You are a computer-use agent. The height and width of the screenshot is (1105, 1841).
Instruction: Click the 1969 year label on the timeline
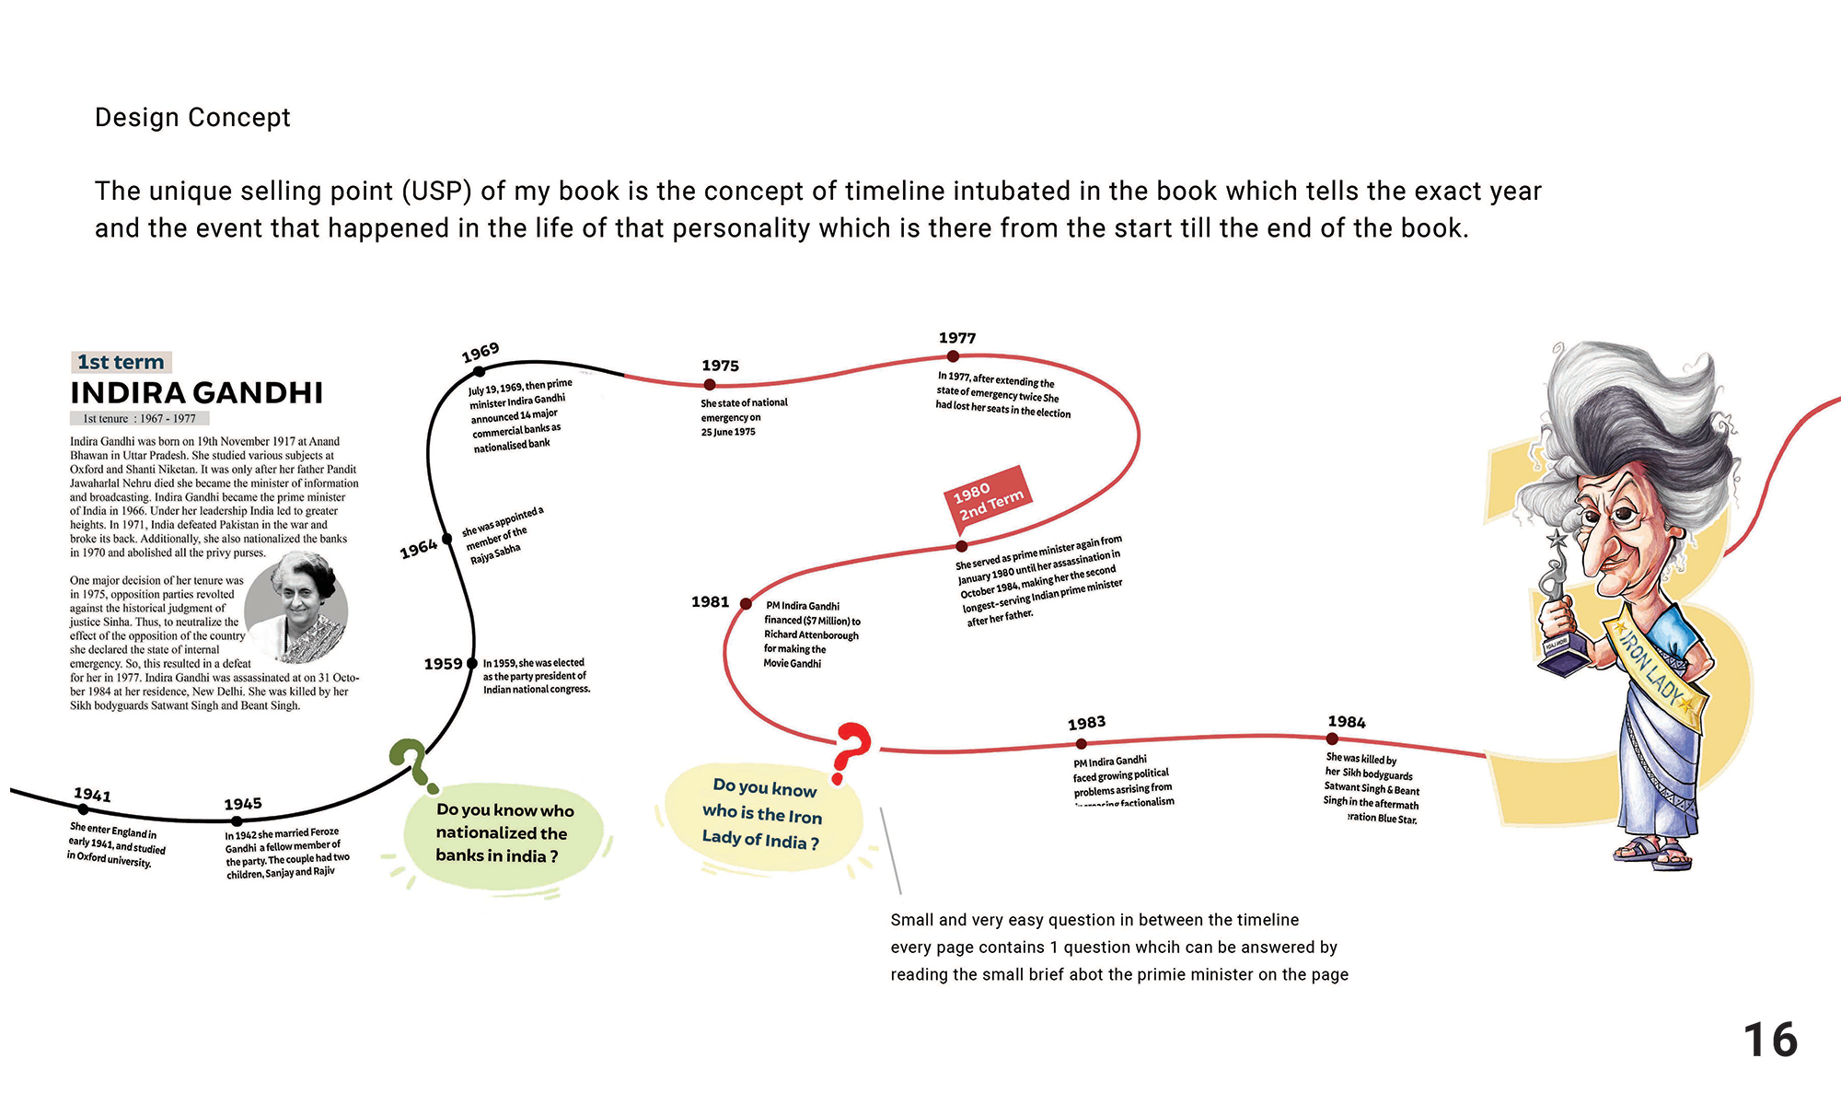(481, 353)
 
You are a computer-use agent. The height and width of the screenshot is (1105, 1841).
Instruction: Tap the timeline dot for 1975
(710, 385)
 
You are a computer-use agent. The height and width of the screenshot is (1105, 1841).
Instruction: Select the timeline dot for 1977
(953, 356)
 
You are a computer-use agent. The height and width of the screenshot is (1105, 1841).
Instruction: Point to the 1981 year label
(710, 602)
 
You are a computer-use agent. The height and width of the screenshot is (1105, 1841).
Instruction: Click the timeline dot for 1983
(1082, 744)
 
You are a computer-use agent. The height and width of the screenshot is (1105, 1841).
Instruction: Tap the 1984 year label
(1347, 722)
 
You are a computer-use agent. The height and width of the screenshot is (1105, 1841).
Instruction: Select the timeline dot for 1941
(84, 809)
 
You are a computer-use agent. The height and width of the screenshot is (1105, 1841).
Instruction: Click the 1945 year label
(243, 804)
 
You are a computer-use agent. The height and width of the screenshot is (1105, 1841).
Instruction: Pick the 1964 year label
(418, 550)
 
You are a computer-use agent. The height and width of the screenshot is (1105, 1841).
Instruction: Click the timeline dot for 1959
(473, 663)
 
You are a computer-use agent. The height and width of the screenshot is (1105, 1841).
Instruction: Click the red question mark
(851, 750)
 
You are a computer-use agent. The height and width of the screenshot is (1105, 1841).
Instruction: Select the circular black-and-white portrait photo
(296, 608)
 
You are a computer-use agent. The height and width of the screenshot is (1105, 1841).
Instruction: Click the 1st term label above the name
(121, 362)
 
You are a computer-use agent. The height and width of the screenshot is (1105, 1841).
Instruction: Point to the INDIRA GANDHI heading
(197, 393)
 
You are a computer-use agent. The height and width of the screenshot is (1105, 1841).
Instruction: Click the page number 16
(1769, 1041)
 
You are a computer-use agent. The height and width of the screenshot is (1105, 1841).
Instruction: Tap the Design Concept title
(192, 118)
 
